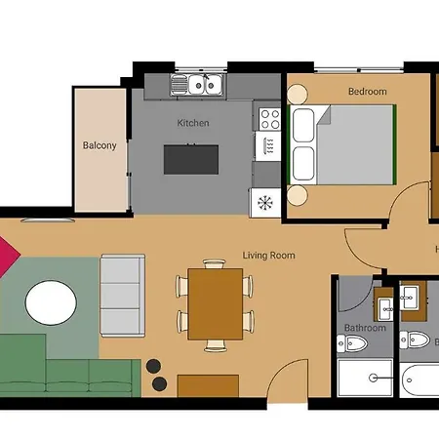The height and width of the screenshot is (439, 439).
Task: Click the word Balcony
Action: click(x=100, y=146)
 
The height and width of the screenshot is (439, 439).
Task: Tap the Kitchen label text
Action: click(x=192, y=124)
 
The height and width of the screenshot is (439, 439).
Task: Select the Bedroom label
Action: click(x=367, y=92)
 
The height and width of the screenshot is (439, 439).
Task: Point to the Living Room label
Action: click(x=268, y=256)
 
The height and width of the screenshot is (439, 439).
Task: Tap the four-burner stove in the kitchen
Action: click(x=268, y=119)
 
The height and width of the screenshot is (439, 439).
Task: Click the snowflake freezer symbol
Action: click(x=264, y=204)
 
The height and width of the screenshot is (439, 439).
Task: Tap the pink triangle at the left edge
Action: click(x=8, y=257)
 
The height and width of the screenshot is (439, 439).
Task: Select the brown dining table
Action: click(x=215, y=304)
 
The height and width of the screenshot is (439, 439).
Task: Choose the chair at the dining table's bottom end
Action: click(x=215, y=345)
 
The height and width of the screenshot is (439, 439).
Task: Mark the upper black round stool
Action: click(x=154, y=366)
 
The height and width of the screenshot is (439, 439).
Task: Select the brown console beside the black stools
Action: click(x=207, y=383)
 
